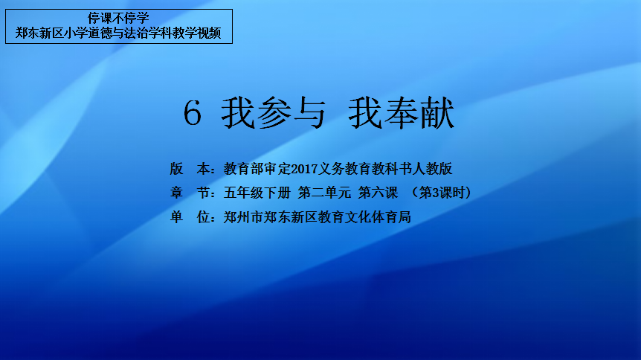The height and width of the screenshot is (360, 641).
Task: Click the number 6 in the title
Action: click(x=192, y=113)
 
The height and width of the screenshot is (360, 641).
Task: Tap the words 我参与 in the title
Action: click(x=273, y=113)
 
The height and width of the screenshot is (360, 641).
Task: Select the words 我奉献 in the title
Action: click(x=402, y=113)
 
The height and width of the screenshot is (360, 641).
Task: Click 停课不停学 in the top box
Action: click(x=118, y=18)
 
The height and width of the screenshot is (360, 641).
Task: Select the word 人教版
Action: click(x=432, y=169)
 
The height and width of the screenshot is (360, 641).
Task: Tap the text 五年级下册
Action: click(x=257, y=193)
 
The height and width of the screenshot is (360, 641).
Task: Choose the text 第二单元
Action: click(x=324, y=193)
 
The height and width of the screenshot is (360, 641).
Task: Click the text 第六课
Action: click(x=379, y=193)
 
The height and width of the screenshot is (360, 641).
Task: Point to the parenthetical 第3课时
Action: click(x=442, y=193)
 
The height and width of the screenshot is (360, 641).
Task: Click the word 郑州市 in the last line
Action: click(x=243, y=217)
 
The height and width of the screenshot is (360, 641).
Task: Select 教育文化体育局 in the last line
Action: click(x=364, y=217)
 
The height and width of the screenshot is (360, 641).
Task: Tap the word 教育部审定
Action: click(x=257, y=169)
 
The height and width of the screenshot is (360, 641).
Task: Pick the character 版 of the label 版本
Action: click(x=176, y=169)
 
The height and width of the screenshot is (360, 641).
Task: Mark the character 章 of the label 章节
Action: click(x=176, y=193)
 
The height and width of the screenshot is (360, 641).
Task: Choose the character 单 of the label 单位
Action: click(x=176, y=217)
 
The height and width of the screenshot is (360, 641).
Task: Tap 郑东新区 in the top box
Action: click(x=39, y=33)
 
